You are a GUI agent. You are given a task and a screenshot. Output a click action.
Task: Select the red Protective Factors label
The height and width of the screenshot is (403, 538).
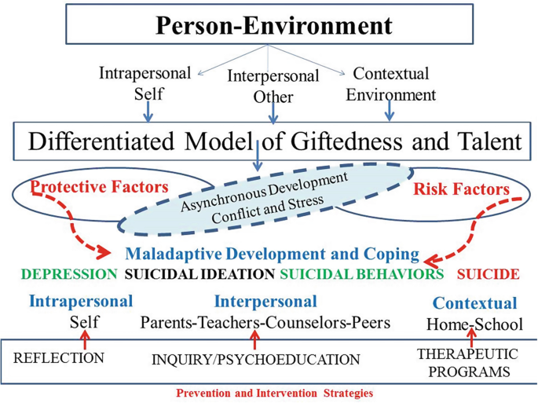[x=100, y=188]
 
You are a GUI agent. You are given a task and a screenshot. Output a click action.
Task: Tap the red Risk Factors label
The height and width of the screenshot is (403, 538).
[x=460, y=190]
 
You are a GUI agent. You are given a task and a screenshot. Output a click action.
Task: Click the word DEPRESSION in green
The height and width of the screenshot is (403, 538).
[x=69, y=275]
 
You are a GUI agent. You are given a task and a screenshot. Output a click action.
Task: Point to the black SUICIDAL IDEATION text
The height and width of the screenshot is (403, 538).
[x=199, y=275]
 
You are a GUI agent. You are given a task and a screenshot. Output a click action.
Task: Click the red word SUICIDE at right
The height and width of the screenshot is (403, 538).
[x=488, y=275]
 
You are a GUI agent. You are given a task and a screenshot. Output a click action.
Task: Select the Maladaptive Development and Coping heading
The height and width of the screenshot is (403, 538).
[x=272, y=255]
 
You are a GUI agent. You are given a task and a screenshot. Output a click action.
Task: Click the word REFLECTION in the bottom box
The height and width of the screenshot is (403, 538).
[x=59, y=358]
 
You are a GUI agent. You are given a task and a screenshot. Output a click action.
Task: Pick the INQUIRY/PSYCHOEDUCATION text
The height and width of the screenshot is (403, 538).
[x=255, y=360]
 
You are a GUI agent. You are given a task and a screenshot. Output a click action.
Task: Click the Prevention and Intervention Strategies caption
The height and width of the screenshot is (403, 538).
[x=274, y=393]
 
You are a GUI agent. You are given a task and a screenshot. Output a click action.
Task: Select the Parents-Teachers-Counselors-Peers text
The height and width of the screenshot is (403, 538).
[x=265, y=322]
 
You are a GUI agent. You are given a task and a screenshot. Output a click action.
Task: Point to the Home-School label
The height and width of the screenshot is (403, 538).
[x=474, y=324]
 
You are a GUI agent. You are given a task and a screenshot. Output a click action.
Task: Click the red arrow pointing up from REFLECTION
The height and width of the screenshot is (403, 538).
[x=85, y=339]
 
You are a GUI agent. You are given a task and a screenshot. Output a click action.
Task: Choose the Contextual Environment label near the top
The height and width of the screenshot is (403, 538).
[x=390, y=85]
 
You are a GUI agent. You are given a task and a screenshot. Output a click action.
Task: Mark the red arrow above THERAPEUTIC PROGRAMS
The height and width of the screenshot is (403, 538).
[x=471, y=339]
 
